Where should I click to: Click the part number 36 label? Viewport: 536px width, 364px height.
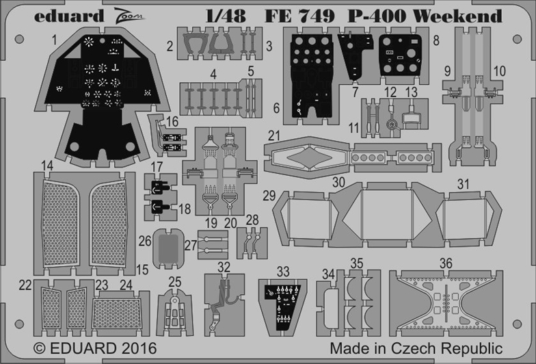tap(446, 262)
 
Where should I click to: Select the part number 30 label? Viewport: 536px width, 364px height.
tap(338, 183)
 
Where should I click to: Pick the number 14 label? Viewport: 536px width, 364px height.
tap(47, 165)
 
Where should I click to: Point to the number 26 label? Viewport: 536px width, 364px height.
tap(144, 241)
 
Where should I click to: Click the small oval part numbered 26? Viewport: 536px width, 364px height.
tap(166, 247)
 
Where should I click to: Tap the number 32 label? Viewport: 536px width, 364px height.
tap(224, 266)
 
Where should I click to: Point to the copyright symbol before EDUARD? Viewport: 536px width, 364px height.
tap(39, 347)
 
